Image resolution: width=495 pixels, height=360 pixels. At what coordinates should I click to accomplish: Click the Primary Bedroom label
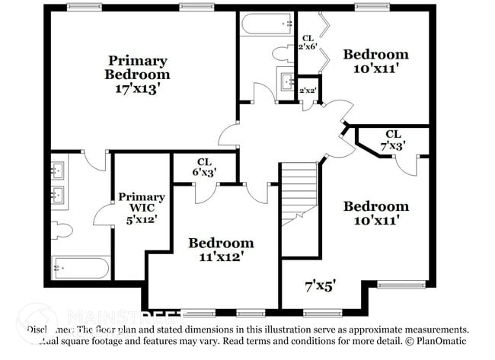pyautogui.click(x=137, y=67)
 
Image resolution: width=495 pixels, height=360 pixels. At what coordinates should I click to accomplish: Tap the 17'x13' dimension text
pyautogui.click(x=137, y=88)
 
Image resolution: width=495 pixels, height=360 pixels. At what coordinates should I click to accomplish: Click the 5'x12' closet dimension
pyautogui.click(x=141, y=221)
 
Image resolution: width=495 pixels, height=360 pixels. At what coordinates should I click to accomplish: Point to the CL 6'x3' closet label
pyautogui.click(x=203, y=167)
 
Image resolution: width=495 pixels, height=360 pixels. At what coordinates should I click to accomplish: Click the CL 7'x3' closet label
pyautogui.click(x=394, y=139)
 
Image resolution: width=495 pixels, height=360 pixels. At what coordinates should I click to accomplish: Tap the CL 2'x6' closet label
pyautogui.click(x=308, y=43)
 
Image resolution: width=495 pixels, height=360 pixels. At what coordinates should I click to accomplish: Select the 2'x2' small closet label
pyautogui.click(x=308, y=91)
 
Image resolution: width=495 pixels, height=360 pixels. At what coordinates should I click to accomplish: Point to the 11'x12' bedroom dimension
pyautogui.click(x=221, y=257)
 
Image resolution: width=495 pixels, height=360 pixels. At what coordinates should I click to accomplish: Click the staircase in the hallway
pyautogui.click(x=299, y=194)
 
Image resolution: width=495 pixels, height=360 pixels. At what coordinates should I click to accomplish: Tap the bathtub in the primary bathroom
pyautogui.click(x=81, y=268)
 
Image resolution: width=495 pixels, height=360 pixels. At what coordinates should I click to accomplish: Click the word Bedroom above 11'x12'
pyautogui.click(x=221, y=243)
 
